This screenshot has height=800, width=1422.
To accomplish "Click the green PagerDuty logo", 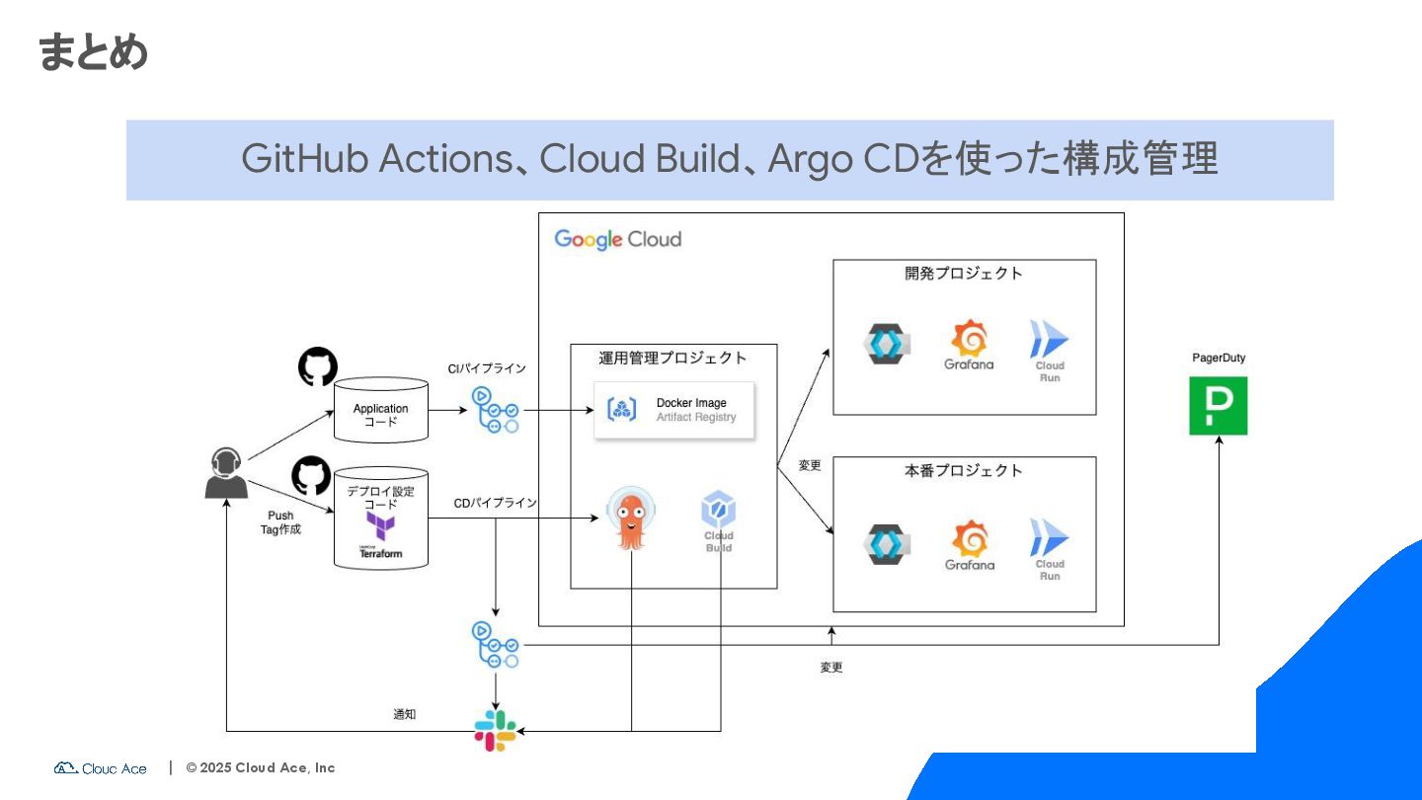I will (x=1218, y=405).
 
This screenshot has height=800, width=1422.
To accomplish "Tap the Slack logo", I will (x=495, y=731).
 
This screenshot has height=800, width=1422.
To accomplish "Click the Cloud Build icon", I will (x=718, y=512).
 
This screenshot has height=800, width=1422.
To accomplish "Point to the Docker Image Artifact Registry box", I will (x=673, y=410).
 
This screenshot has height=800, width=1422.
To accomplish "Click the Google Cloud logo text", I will (x=617, y=239).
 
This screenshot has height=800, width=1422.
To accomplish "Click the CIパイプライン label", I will (x=487, y=368).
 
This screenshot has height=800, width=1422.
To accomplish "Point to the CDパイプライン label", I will (x=496, y=503).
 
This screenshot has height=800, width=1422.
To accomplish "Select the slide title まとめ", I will (x=93, y=51).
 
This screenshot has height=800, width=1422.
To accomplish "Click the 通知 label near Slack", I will (x=405, y=714).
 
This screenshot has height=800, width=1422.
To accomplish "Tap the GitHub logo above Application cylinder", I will (x=318, y=366).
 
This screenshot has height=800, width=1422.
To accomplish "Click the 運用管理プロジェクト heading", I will (x=672, y=358).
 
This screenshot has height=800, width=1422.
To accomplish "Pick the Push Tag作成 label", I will (x=280, y=522).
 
